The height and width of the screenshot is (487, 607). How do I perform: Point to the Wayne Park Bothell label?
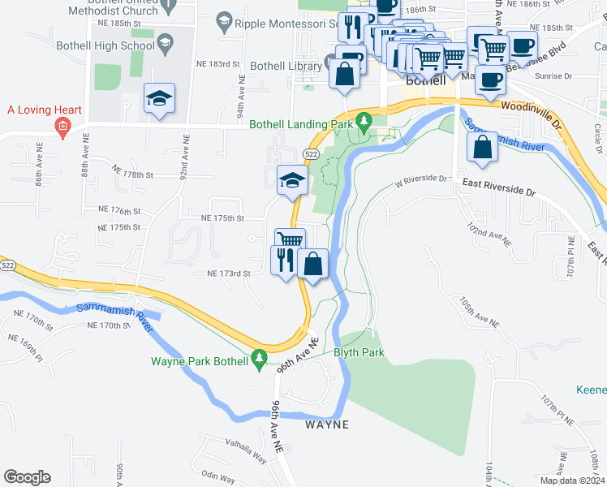(x=198, y=362)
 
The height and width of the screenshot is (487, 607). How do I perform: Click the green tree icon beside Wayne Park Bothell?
(x=259, y=357)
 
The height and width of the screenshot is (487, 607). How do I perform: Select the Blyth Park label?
(x=359, y=352)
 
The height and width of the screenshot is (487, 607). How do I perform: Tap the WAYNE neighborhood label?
(x=327, y=425)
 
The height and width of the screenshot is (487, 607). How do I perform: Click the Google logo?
(x=27, y=477)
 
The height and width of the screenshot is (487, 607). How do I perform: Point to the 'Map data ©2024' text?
(x=572, y=481)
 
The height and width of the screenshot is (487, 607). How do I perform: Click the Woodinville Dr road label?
(x=531, y=111)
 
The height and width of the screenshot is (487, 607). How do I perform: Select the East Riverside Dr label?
(x=499, y=188)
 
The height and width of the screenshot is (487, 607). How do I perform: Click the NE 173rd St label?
(x=228, y=274)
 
